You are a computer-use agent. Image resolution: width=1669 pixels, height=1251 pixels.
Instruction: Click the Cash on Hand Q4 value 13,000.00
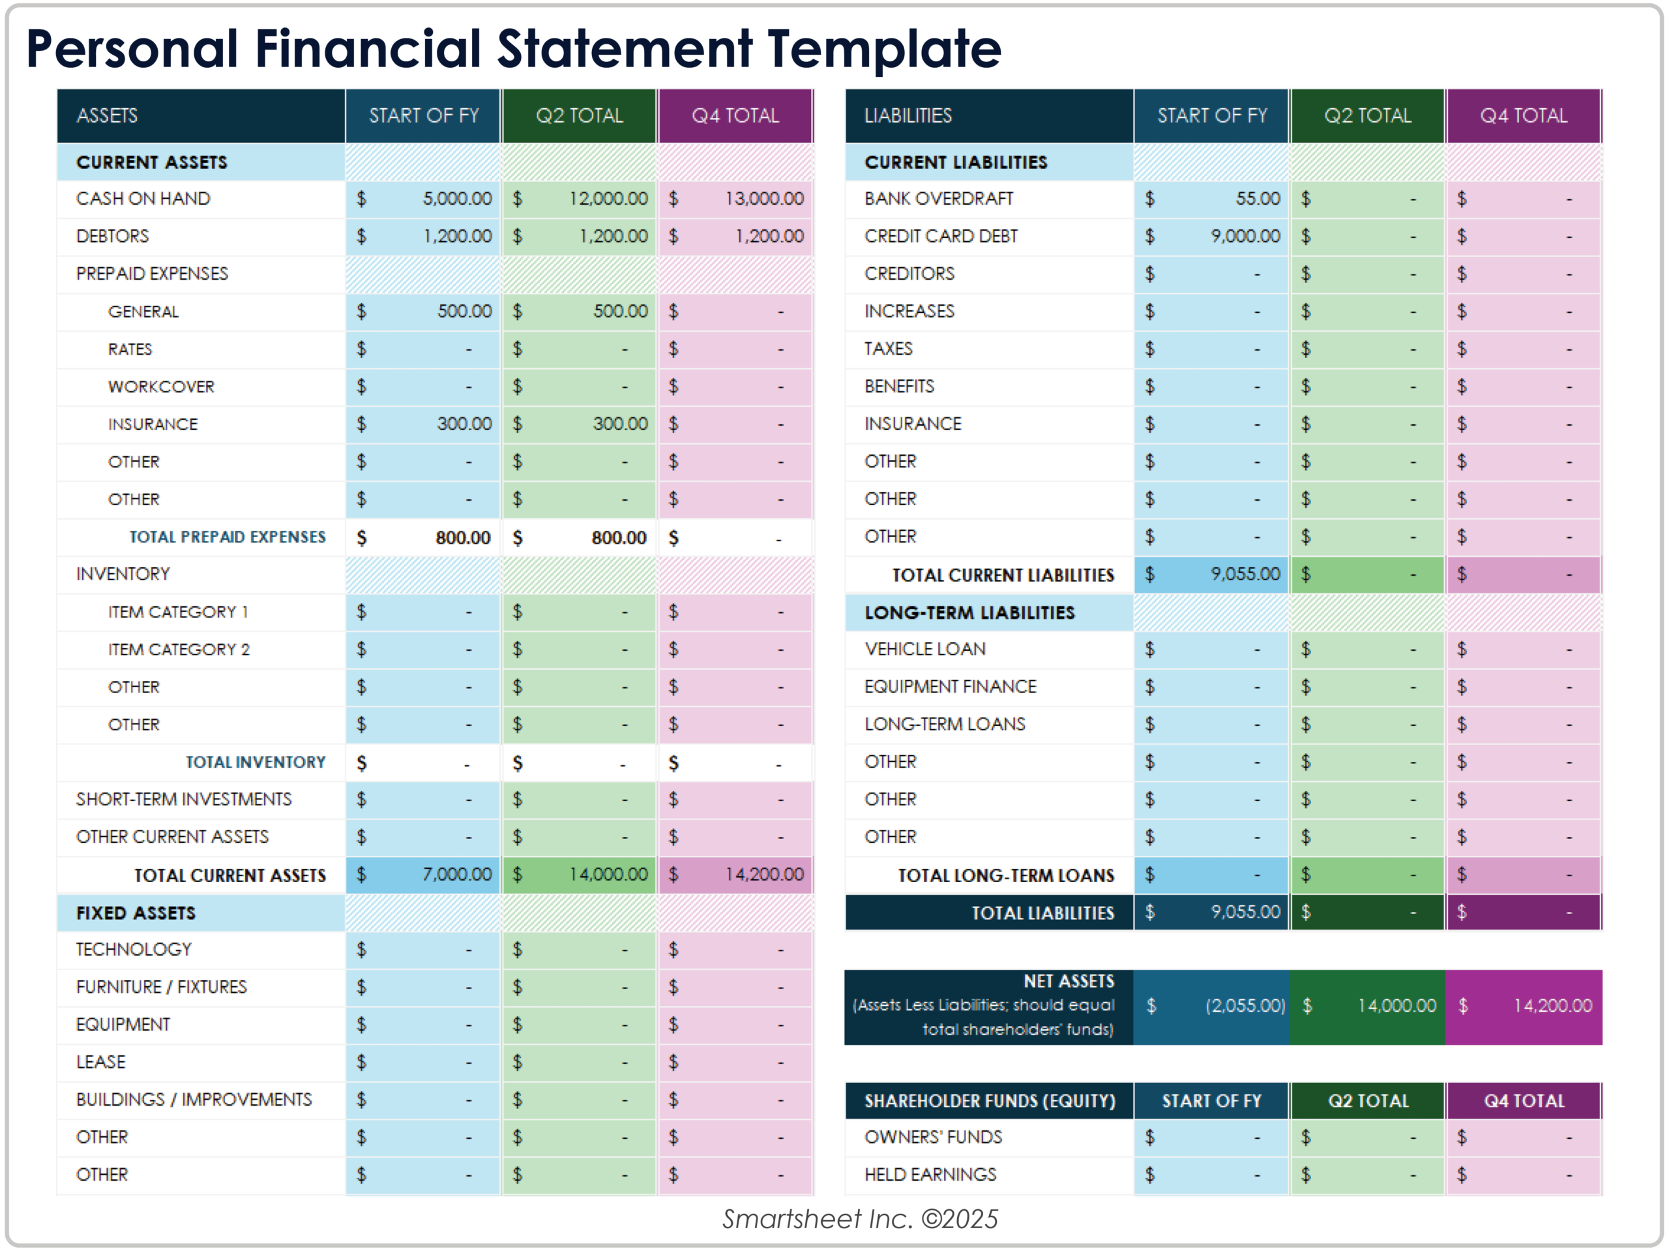(763, 198)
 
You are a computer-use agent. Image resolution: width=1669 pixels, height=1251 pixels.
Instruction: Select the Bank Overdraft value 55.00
(1257, 198)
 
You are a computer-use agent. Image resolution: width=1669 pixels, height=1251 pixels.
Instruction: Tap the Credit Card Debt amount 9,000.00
(1245, 236)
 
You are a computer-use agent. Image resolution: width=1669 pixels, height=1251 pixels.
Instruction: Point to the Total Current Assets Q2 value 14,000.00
(608, 874)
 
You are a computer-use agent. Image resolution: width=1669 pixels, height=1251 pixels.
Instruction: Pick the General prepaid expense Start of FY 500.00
(464, 311)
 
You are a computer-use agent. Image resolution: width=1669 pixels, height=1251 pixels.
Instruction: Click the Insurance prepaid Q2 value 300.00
(619, 424)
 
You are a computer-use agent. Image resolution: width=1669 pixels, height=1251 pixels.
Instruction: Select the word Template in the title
(883, 49)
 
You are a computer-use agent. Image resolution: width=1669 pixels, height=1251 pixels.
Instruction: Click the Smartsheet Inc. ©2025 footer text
(859, 1218)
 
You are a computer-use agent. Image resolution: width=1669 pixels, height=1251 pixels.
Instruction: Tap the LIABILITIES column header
(908, 115)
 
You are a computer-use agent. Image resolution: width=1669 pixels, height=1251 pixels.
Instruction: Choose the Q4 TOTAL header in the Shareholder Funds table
(1524, 1101)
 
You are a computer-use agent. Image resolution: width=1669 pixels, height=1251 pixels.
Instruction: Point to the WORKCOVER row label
(161, 387)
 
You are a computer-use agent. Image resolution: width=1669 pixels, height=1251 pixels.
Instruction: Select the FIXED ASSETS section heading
(136, 913)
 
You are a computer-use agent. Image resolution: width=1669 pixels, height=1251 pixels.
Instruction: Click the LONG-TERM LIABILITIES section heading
(969, 613)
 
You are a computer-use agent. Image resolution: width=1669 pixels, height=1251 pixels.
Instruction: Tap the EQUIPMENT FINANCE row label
(950, 686)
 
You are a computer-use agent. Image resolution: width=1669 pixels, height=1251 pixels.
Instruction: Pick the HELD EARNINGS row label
(930, 1175)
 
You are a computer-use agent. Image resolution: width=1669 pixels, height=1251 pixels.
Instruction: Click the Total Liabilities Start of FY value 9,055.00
(1245, 912)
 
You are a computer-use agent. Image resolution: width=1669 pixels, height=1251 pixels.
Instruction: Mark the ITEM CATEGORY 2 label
(178, 650)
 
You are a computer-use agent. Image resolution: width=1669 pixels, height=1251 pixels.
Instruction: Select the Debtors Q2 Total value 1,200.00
(613, 236)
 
